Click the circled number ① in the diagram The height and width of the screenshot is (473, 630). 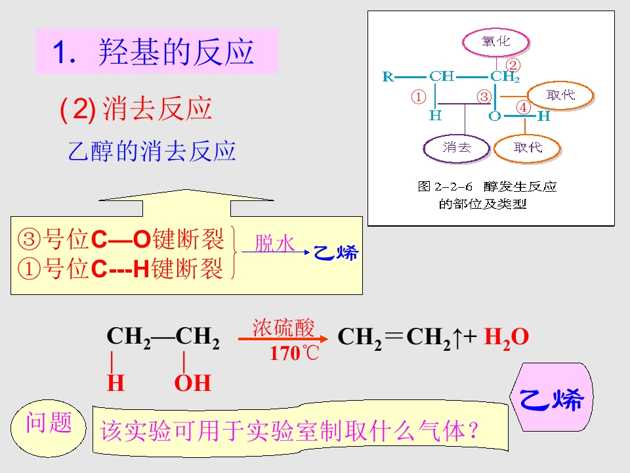coord(418,97)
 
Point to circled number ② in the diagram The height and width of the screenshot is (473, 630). coord(513,65)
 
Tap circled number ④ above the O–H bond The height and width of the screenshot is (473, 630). coord(523,107)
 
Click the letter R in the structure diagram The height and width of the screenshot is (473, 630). coord(388,76)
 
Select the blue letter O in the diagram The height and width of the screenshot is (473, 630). coord(495,116)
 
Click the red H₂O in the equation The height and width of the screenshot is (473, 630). coord(506,337)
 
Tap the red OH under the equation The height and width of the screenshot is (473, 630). coord(192,382)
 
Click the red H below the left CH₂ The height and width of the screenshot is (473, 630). coord(115,382)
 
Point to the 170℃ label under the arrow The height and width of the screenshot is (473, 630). coord(294,353)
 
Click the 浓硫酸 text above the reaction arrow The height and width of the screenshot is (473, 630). coord(283,327)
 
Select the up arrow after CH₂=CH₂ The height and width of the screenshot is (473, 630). coord(458,338)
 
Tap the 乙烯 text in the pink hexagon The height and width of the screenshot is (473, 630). coord(551,399)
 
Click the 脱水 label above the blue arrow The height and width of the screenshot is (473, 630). coord(275,243)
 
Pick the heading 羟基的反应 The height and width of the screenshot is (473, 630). coord(177,52)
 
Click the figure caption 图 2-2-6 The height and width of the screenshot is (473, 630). coord(445,187)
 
